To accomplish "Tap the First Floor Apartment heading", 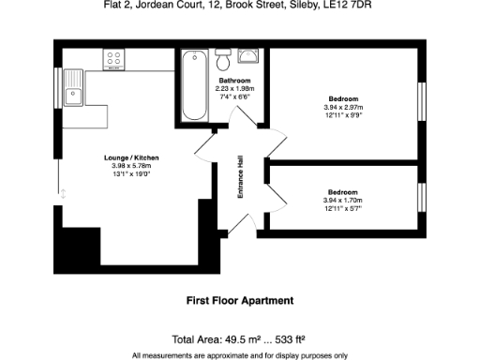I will coord(240,301).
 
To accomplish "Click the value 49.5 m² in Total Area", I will coord(243,339).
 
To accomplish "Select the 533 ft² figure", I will coord(294,339).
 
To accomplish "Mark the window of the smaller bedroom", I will coord(421,198).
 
